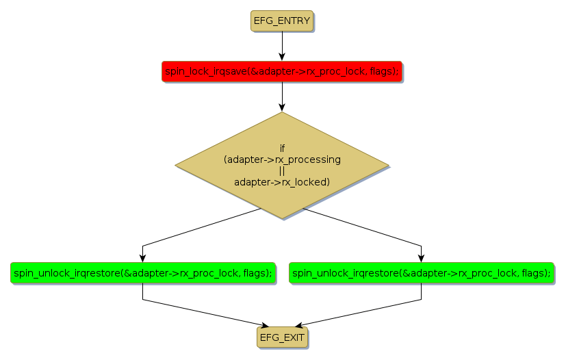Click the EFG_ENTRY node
pyautogui.click(x=282, y=21)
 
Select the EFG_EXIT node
pyautogui.click(x=282, y=337)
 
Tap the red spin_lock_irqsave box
pyautogui.click(x=282, y=71)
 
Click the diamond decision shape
pyautogui.click(x=282, y=166)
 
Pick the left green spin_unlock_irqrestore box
pyautogui.click(x=142, y=272)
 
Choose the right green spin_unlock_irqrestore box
pyautogui.click(x=421, y=272)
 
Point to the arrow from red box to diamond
pyautogui.click(x=282, y=97)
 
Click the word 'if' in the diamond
pyautogui.click(x=282, y=149)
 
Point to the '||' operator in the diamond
pyautogui.click(x=282, y=171)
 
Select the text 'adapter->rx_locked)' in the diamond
pyautogui.click(x=282, y=182)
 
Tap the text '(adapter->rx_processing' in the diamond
pyautogui.click(x=282, y=159)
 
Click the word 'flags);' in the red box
pyautogui.click(x=384, y=71)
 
